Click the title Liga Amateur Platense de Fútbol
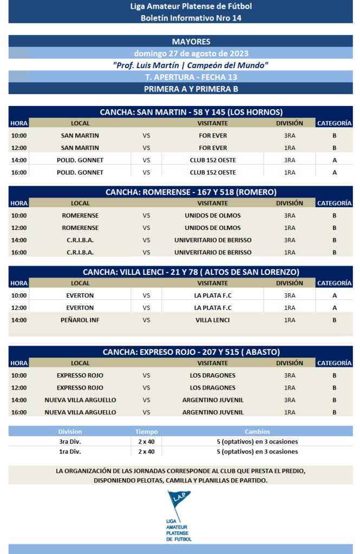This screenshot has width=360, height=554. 191,6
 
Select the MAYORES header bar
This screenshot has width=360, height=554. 191,42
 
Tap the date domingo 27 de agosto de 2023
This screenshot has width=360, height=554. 191,53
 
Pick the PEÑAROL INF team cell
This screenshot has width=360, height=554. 80,320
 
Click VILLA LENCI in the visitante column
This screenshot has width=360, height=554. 213,320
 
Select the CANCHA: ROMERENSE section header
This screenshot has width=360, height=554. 191,192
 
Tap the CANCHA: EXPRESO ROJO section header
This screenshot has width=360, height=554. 191,352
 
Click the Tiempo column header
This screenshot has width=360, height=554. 146,432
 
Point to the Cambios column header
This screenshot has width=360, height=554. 257,432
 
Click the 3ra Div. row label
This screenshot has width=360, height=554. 70,441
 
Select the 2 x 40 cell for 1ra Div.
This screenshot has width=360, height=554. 146,452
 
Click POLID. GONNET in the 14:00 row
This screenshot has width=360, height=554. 80,160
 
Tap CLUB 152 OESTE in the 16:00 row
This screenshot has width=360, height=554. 213,173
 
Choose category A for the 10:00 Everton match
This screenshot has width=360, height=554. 335,295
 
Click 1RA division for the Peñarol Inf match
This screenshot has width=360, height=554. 290,320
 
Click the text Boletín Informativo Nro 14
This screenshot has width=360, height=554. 191,18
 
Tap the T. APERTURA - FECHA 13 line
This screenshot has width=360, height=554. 191,77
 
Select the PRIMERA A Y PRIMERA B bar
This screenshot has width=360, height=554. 191,89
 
